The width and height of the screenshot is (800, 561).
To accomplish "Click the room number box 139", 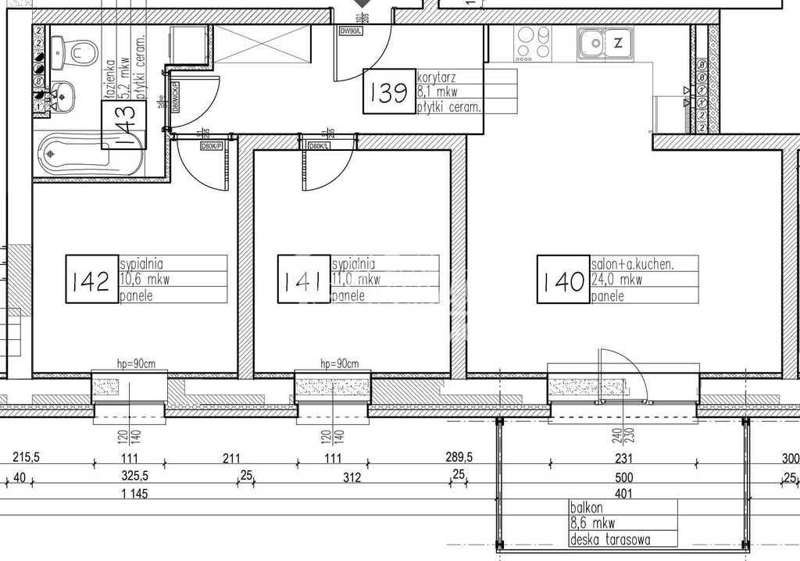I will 389,93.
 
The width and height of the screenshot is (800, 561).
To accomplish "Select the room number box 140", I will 561,280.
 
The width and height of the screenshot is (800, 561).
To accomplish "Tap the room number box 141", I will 305,280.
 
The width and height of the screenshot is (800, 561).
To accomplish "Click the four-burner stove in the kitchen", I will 534,43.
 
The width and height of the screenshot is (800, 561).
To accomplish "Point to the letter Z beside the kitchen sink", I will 618,43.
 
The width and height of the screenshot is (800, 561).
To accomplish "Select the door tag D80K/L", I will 319,146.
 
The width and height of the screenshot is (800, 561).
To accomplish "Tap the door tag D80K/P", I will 212,146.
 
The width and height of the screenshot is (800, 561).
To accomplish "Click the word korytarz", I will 437,77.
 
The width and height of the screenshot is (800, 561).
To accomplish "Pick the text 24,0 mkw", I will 616,280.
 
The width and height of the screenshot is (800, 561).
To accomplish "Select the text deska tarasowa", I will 610,539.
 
